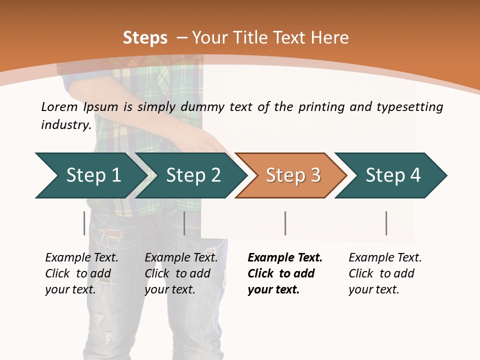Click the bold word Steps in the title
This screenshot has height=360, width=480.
(145, 38)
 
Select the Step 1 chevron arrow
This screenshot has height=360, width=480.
(90, 175)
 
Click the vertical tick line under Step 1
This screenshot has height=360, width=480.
(84, 223)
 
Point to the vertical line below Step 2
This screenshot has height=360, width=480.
(184, 223)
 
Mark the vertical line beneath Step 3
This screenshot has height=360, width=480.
(285, 223)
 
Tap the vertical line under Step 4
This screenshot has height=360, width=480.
(386, 223)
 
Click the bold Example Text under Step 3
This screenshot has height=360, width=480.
(285, 273)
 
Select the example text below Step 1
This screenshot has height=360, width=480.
(81, 273)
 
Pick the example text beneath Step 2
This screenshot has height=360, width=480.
(181, 273)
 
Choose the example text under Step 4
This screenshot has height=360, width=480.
(385, 273)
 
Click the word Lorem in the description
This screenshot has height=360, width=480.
(59, 107)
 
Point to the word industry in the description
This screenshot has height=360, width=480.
(66, 125)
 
